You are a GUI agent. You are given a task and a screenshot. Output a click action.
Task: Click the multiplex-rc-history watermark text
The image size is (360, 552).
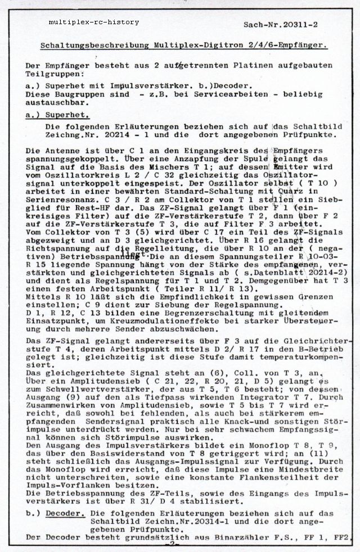coord(93,22)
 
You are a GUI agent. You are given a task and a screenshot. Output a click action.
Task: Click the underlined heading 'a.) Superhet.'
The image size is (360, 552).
coord(54,114)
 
